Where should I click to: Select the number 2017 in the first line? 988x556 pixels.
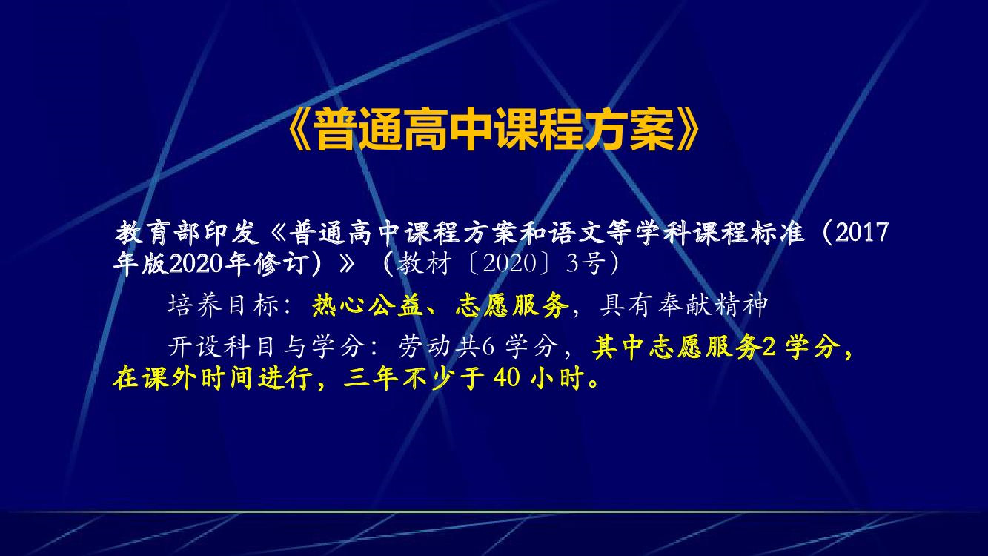(861, 233)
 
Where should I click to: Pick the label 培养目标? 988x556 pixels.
(223, 305)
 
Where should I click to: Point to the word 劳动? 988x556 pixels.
(426, 347)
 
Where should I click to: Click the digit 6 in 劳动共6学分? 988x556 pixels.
(488, 347)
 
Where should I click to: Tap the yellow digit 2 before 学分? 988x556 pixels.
(769, 347)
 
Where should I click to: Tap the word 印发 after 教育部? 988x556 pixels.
(231, 233)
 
